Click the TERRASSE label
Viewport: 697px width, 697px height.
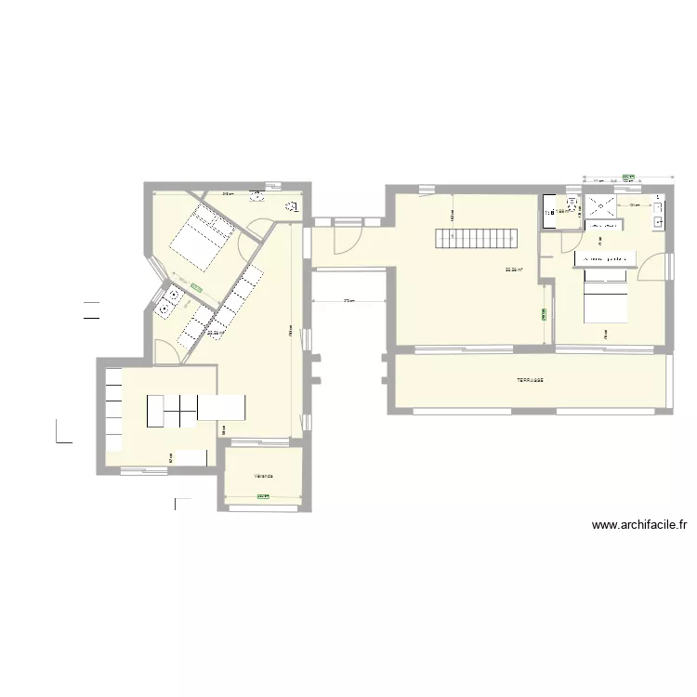tap(531, 380)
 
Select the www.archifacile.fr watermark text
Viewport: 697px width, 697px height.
tap(639, 525)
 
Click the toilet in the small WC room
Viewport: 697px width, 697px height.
tap(548, 211)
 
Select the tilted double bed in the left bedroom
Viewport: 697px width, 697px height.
tap(198, 237)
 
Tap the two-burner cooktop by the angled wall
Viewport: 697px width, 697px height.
tap(172, 299)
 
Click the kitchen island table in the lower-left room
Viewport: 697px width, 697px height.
tap(196, 408)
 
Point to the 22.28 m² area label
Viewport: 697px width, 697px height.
tap(216, 332)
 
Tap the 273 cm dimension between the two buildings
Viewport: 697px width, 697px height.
tap(348, 302)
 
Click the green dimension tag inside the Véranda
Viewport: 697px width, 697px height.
tap(262, 496)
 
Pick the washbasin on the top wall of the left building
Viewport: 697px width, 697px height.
tap(256, 196)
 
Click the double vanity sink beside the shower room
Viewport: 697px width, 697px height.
tap(657, 211)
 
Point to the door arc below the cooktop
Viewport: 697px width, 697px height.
tap(165, 351)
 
